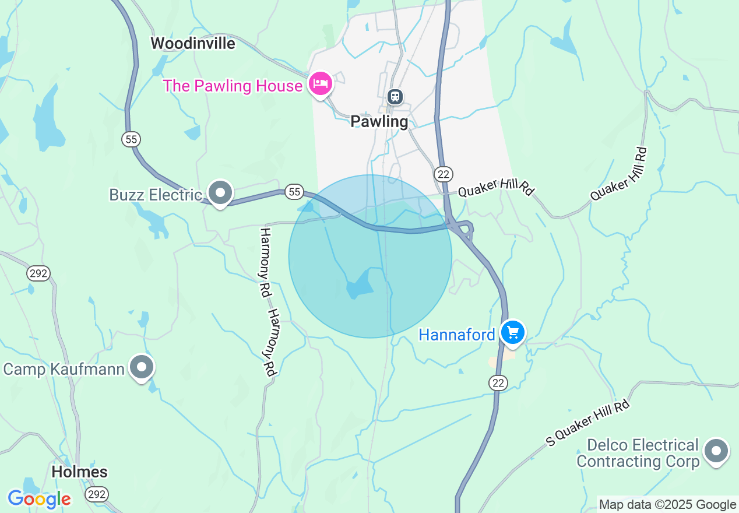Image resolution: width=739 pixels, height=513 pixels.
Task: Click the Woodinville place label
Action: pos(193,44)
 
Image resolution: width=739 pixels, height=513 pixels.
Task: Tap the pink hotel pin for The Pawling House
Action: pos(320,84)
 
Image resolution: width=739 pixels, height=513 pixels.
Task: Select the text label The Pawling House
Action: pos(233,86)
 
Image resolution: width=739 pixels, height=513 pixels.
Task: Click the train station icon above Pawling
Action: pos(395,96)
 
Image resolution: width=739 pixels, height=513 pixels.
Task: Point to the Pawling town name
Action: pos(379,122)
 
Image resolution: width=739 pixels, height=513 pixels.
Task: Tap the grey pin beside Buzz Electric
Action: pos(221,193)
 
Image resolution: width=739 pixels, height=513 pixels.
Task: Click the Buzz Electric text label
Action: pos(156,195)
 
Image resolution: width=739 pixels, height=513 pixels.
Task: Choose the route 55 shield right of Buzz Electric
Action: pos(294,191)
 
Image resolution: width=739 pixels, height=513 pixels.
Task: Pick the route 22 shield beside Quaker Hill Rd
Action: pos(443,174)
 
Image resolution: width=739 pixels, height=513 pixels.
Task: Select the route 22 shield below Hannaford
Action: pos(498,382)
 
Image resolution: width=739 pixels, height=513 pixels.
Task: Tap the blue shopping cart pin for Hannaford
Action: pos(513,333)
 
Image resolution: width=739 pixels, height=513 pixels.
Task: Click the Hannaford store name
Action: pos(457,335)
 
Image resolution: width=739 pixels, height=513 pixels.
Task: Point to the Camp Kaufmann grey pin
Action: pos(142,367)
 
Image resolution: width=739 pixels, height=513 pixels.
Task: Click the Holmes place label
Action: pos(80,472)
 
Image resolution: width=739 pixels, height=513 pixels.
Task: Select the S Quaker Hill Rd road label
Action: pos(588,423)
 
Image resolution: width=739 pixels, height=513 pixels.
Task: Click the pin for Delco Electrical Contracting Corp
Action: pos(716,451)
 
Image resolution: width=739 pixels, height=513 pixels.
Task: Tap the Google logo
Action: pos(39,499)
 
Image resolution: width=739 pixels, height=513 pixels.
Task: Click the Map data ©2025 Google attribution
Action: pos(668,505)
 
